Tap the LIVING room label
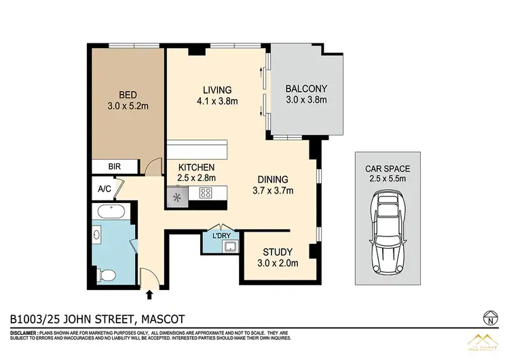[x=216, y=90]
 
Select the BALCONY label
[x=306, y=88]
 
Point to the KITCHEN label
[x=196, y=167]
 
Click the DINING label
[x=274, y=179]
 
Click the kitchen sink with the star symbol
[x=178, y=198]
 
